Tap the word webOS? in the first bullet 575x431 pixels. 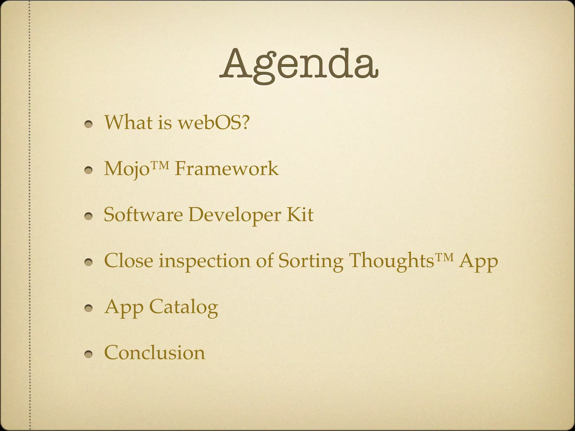pyautogui.click(x=213, y=123)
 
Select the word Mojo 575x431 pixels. pyautogui.click(x=126, y=169)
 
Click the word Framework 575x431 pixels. pyautogui.click(x=226, y=169)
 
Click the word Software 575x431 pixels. pyautogui.click(x=143, y=215)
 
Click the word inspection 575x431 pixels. pyautogui.click(x=204, y=261)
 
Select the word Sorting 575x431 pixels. pyautogui.click(x=311, y=261)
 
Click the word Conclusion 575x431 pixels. pyautogui.click(x=154, y=353)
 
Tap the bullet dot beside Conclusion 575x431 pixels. pyautogui.click(x=89, y=354)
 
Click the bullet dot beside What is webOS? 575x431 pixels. pyautogui.click(x=89, y=124)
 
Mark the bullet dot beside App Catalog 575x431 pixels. pyautogui.click(x=89, y=308)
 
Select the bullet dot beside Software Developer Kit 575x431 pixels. pyautogui.click(x=89, y=216)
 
